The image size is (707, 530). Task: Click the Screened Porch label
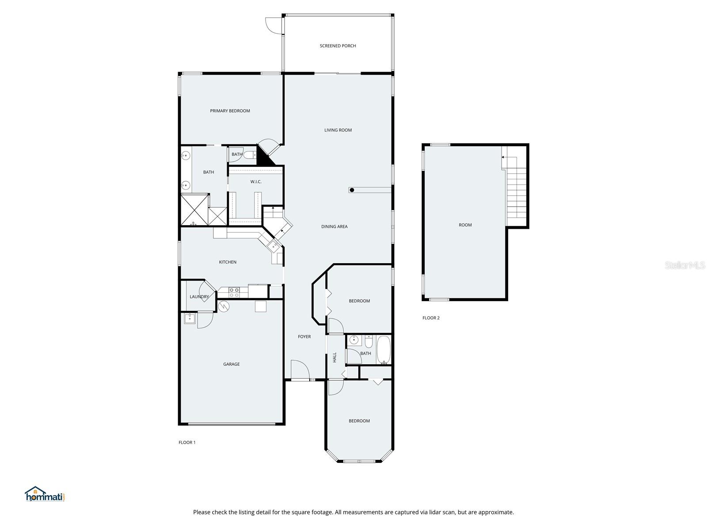coord(338,46)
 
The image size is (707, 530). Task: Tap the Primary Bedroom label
coord(230,111)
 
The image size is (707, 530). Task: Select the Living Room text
coord(338,130)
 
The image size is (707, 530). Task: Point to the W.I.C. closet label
coord(256,182)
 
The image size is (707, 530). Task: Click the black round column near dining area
coord(352,190)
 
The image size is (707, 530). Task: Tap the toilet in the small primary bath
coord(250,155)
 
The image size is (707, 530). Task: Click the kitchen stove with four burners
coord(234,292)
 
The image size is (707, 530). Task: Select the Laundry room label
coord(199,297)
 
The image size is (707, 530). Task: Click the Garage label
coord(231,364)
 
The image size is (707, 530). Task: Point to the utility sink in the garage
coord(190,318)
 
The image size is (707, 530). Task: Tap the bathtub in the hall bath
coord(383,350)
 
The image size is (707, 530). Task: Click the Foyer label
coord(304,337)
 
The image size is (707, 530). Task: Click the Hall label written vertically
coord(334,357)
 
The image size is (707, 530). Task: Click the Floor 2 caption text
coord(431,318)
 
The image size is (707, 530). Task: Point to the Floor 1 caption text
coord(187,443)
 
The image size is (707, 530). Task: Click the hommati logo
coord(45,494)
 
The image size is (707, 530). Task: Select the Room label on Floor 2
coord(465,225)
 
